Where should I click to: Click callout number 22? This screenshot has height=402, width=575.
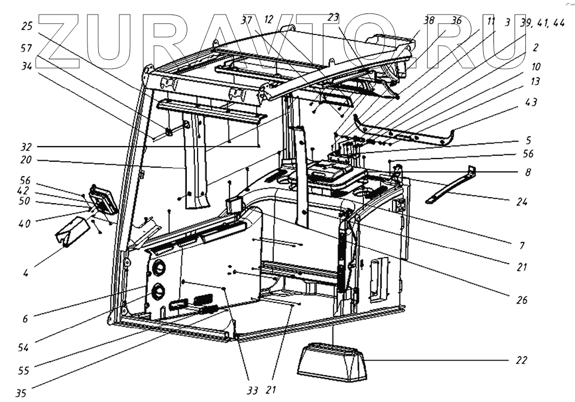[x=520, y=359]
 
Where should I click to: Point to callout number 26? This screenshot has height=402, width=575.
[x=520, y=300]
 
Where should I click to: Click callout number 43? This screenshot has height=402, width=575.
[x=531, y=103]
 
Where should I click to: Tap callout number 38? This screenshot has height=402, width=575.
[x=429, y=21]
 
